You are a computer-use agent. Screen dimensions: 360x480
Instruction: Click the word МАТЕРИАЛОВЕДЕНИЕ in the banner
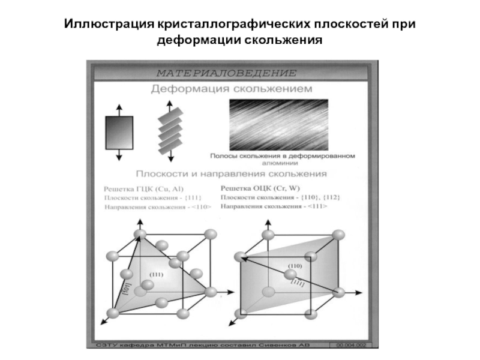[227, 73]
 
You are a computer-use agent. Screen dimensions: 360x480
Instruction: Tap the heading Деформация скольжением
[231, 89]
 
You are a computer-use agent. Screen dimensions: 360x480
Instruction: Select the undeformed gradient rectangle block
[119, 132]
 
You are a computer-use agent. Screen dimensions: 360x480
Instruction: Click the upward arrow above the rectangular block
[119, 109]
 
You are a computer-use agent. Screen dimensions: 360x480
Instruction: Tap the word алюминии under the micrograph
[282, 163]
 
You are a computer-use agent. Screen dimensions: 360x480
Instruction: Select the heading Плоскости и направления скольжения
[231, 174]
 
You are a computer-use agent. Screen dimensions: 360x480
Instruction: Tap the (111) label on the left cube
[156, 274]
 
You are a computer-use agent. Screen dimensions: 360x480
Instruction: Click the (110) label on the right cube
[295, 265]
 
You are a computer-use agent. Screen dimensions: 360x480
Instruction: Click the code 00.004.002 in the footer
[354, 346]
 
